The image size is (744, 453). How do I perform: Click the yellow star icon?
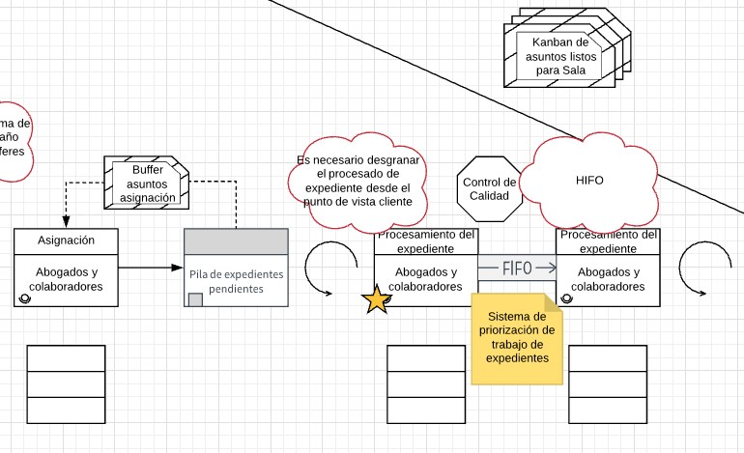click(x=377, y=300)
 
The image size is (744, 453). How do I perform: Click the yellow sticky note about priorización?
click(x=518, y=338)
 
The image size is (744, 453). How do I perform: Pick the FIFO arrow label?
click(x=517, y=268)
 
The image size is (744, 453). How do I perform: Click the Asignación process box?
click(x=67, y=268)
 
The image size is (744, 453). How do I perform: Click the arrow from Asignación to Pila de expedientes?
click(x=151, y=268)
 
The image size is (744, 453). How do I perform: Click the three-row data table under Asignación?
click(x=66, y=384)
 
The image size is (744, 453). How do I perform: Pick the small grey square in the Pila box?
click(x=195, y=299)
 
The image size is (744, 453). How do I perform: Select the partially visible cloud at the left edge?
click(x=14, y=141)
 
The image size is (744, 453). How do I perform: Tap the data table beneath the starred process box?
click(x=426, y=384)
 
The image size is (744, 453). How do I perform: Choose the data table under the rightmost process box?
click(x=608, y=384)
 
